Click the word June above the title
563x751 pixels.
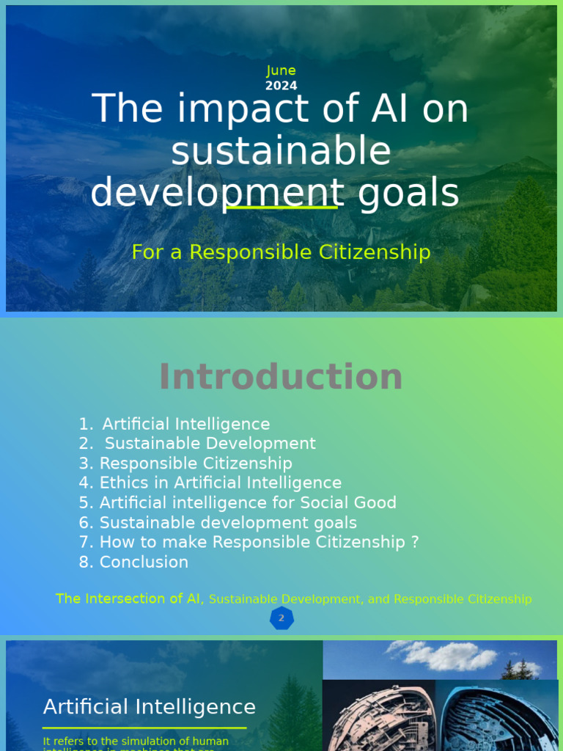[x=281, y=70]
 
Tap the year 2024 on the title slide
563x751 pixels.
[x=281, y=86]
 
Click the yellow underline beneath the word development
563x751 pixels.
[x=281, y=208]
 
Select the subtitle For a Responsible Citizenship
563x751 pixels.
[x=281, y=252]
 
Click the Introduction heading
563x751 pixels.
[x=281, y=377]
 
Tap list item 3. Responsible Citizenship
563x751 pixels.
[x=185, y=464]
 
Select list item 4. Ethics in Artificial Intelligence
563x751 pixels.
[x=210, y=483]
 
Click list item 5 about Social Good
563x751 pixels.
[x=238, y=502]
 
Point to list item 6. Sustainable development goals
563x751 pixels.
[x=218, y=523]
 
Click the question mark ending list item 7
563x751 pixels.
[x=415, y=543]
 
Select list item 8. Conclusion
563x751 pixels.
[x=133, y=563]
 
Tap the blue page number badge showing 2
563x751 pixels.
[x=281, y=618]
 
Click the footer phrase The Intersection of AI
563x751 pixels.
[x=130, y=599]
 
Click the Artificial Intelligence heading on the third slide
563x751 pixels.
[x=150, y=707]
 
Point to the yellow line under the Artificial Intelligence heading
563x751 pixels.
[x=144, y=728]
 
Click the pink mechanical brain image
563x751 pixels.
[x=378, y=722]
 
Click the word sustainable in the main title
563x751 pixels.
[x=281, y=152]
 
